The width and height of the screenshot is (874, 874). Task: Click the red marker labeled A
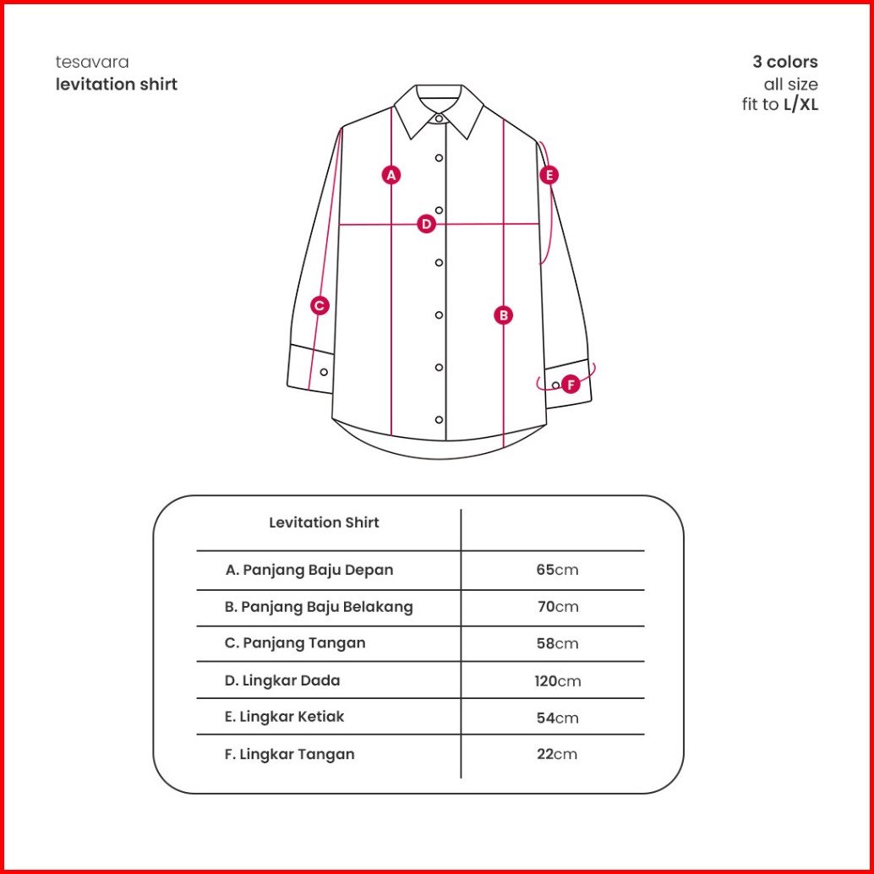pos(391,175)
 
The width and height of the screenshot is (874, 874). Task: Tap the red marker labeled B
pos(504,315)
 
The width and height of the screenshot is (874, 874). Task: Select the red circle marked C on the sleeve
pos(320,306)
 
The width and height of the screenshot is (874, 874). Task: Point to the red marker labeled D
pos(426,224)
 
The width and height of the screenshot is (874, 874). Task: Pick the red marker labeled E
pos(549,175)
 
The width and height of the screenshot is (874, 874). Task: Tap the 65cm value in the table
pos(557,570)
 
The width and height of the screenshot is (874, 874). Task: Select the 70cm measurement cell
pos(557,607)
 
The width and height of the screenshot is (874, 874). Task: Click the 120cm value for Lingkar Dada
pos(557,680)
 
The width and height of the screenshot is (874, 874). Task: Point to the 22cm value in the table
pos(557,754)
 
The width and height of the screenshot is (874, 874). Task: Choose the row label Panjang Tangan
pos(295,643)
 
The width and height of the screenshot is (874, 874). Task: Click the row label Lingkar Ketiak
pos(284,717)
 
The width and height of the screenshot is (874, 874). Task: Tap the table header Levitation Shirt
pos(324,522)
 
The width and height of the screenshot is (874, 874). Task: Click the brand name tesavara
pos(92,62)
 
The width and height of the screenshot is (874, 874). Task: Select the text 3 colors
pos(785,62)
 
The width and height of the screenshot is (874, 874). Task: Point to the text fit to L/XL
pos(780,106)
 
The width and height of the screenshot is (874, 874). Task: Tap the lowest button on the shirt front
pos(439,420)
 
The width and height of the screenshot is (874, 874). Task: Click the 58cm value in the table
pos(557,643)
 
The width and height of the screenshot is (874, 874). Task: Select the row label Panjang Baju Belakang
pos(319,607)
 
